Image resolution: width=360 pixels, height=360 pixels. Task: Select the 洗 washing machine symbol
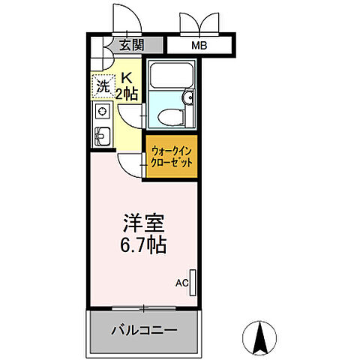tap(102, 85)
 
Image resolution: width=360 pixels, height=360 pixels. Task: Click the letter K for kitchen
tap(127, 76)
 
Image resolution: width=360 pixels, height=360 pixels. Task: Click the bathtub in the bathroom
tap(172, 78)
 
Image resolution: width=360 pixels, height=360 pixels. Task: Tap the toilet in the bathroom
tap(169, 114)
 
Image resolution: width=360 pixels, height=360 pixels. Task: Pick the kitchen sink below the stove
tap(102, 136)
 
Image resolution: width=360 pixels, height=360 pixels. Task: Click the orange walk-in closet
tap(171, 157)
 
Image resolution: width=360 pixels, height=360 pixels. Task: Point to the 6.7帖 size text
tap(142, 244)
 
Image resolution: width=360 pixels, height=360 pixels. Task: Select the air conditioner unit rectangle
tap(193, 282)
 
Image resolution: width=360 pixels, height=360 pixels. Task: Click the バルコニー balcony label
tap(145, 330)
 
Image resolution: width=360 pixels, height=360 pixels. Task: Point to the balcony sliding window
tap(144, 308)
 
